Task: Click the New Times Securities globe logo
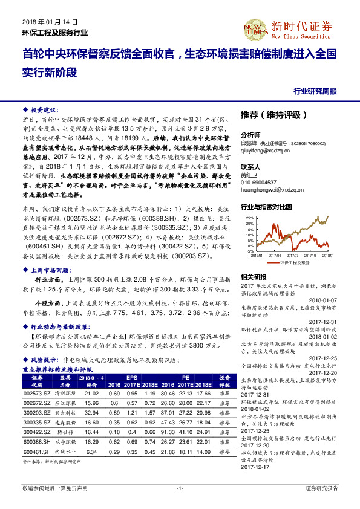coord(259,27)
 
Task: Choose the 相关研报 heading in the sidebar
coord(253,276)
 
